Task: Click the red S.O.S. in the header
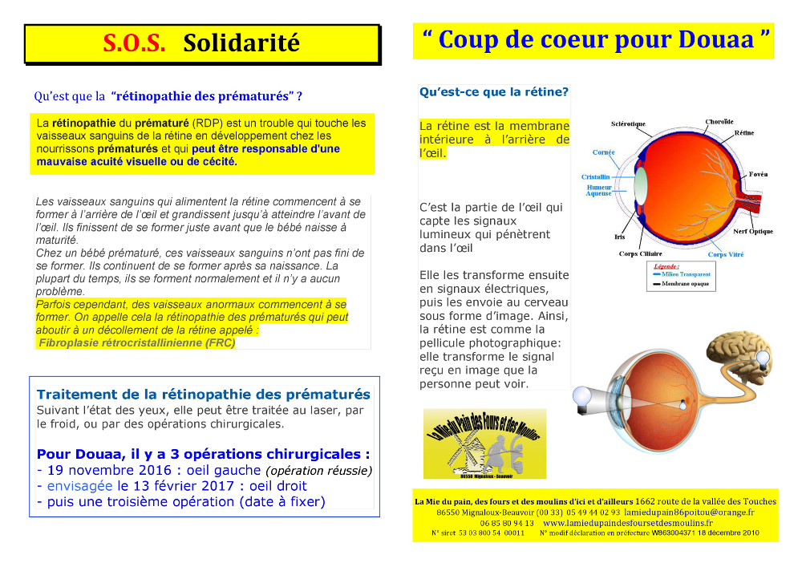[x=133, y=43]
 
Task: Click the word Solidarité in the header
[x=241, y=43]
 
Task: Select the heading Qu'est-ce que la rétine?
[x=493, y=92]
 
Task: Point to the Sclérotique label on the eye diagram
[x=628, y=124]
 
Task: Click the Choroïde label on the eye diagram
[x=719, y=122]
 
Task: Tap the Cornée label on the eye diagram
[x=604, y=152]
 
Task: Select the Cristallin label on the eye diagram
[x=595, y=176]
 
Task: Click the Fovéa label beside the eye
[x=759, y=174]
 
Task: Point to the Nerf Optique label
[x=753, y=232]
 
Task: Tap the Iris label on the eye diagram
[x=619, y=237]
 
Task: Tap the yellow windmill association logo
[x=484, y=443]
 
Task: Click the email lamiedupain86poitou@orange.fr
[x=689, y=512]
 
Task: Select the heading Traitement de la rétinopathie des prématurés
[x=204, y=395]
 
